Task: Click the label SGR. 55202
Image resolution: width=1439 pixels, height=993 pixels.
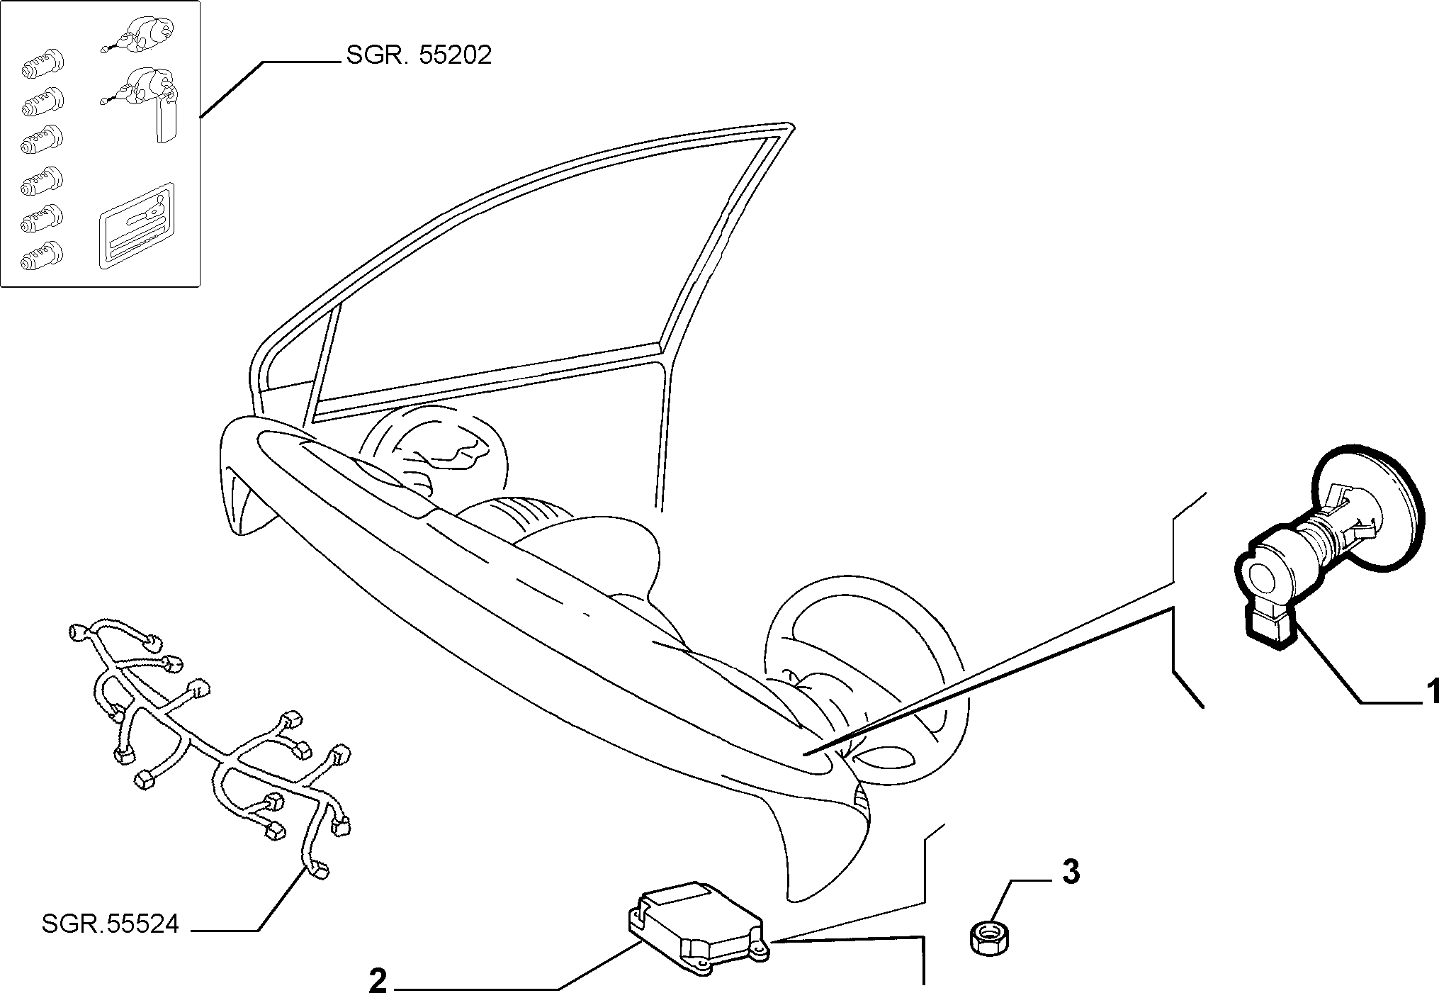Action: tap(419, 56)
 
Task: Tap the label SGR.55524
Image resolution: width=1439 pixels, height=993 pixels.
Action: tap(111, 924)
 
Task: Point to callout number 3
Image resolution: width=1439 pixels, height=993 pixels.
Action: tap(1071, 872)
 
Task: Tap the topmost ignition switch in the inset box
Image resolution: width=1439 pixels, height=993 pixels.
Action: tap(142, 33)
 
